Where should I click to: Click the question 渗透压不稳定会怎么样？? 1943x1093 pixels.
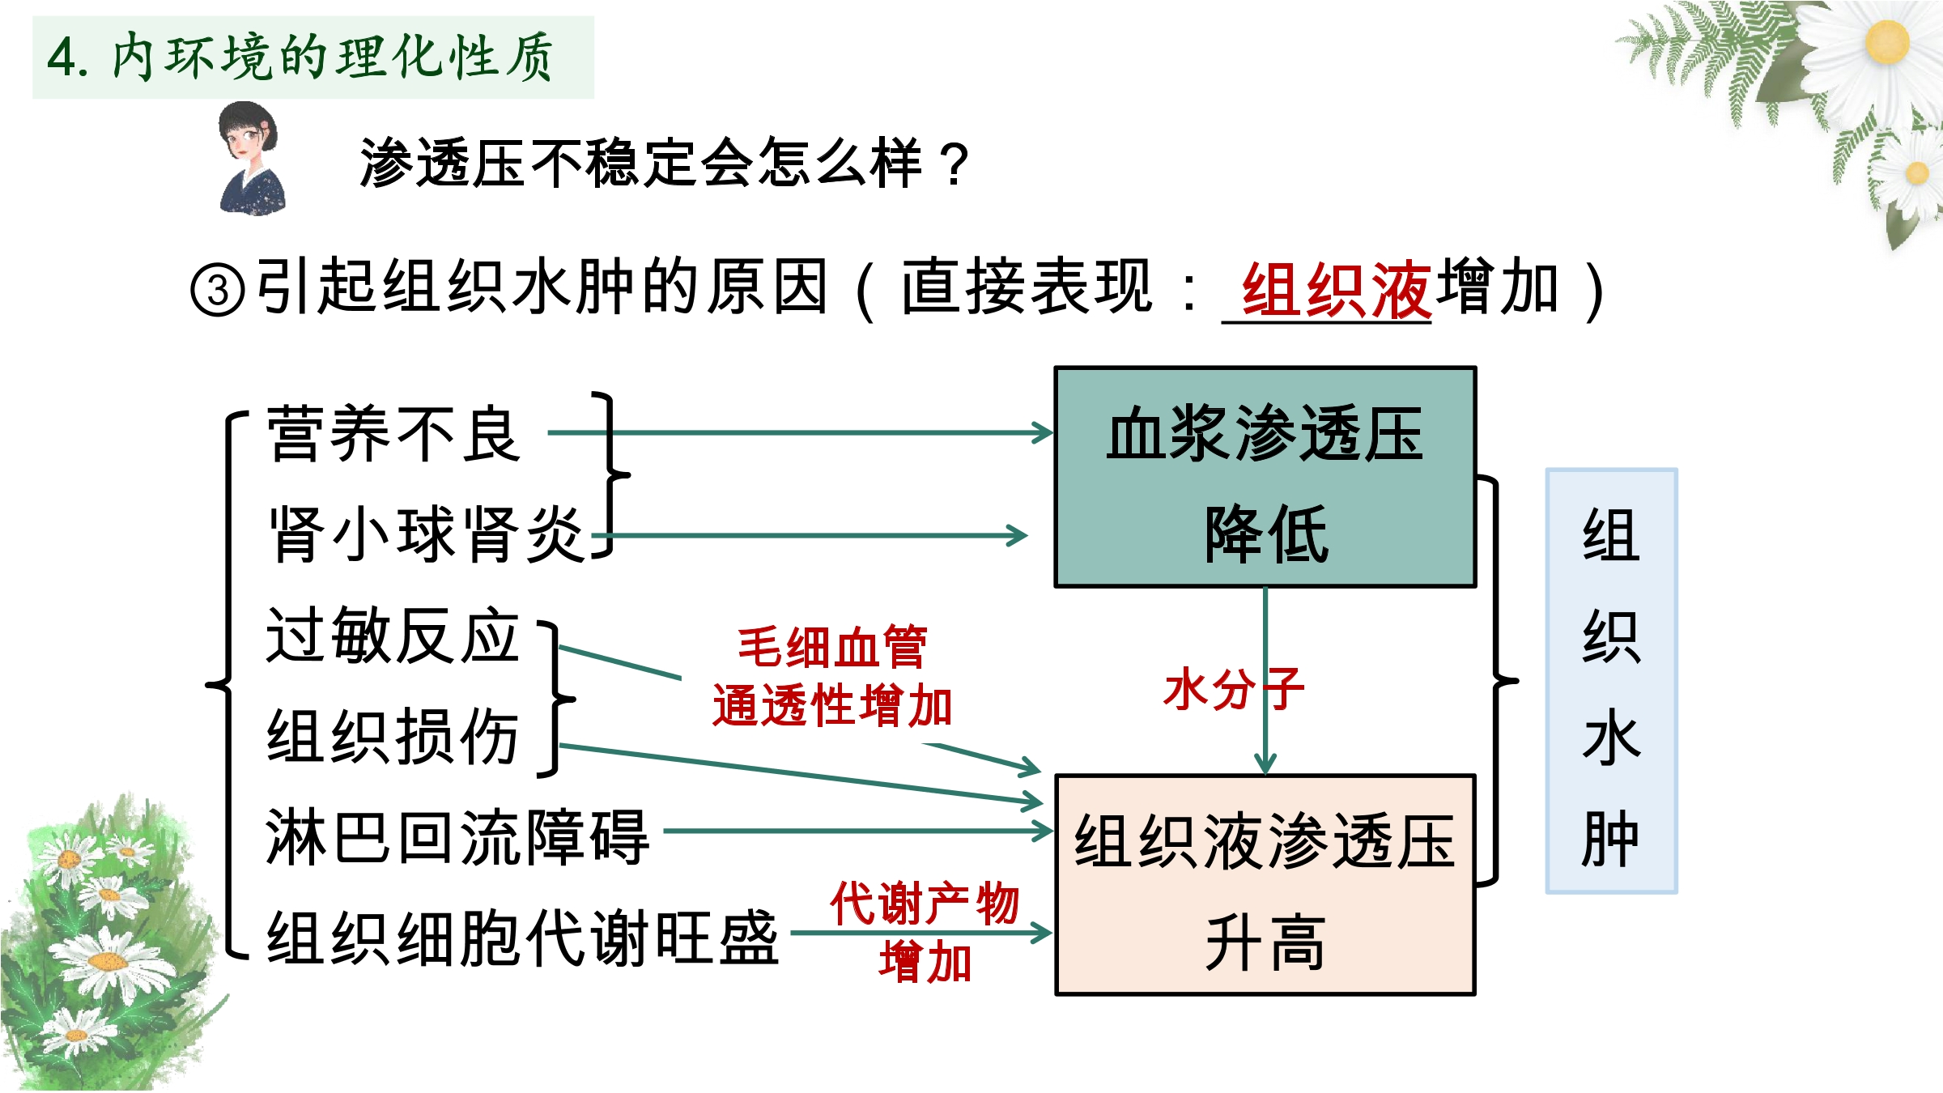point(664,163)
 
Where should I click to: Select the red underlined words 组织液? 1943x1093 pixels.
point(1336,289)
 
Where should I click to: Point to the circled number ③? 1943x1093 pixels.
point(217,290)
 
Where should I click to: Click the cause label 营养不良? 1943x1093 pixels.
point(393,434)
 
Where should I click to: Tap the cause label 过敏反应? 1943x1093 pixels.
point(393,636)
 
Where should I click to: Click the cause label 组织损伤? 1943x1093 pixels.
point(393,737)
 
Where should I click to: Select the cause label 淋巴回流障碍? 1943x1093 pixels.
point(457,837)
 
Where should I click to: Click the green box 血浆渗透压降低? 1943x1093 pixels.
point(1265,478)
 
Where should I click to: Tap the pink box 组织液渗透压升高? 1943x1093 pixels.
point(1265,885)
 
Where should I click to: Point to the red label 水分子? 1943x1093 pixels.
point(1233,689)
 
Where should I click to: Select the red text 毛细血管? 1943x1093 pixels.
point(832,647)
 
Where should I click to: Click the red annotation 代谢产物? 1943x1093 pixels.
point(924,903)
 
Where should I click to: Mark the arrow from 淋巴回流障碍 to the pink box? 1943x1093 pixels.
point(858,831)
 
